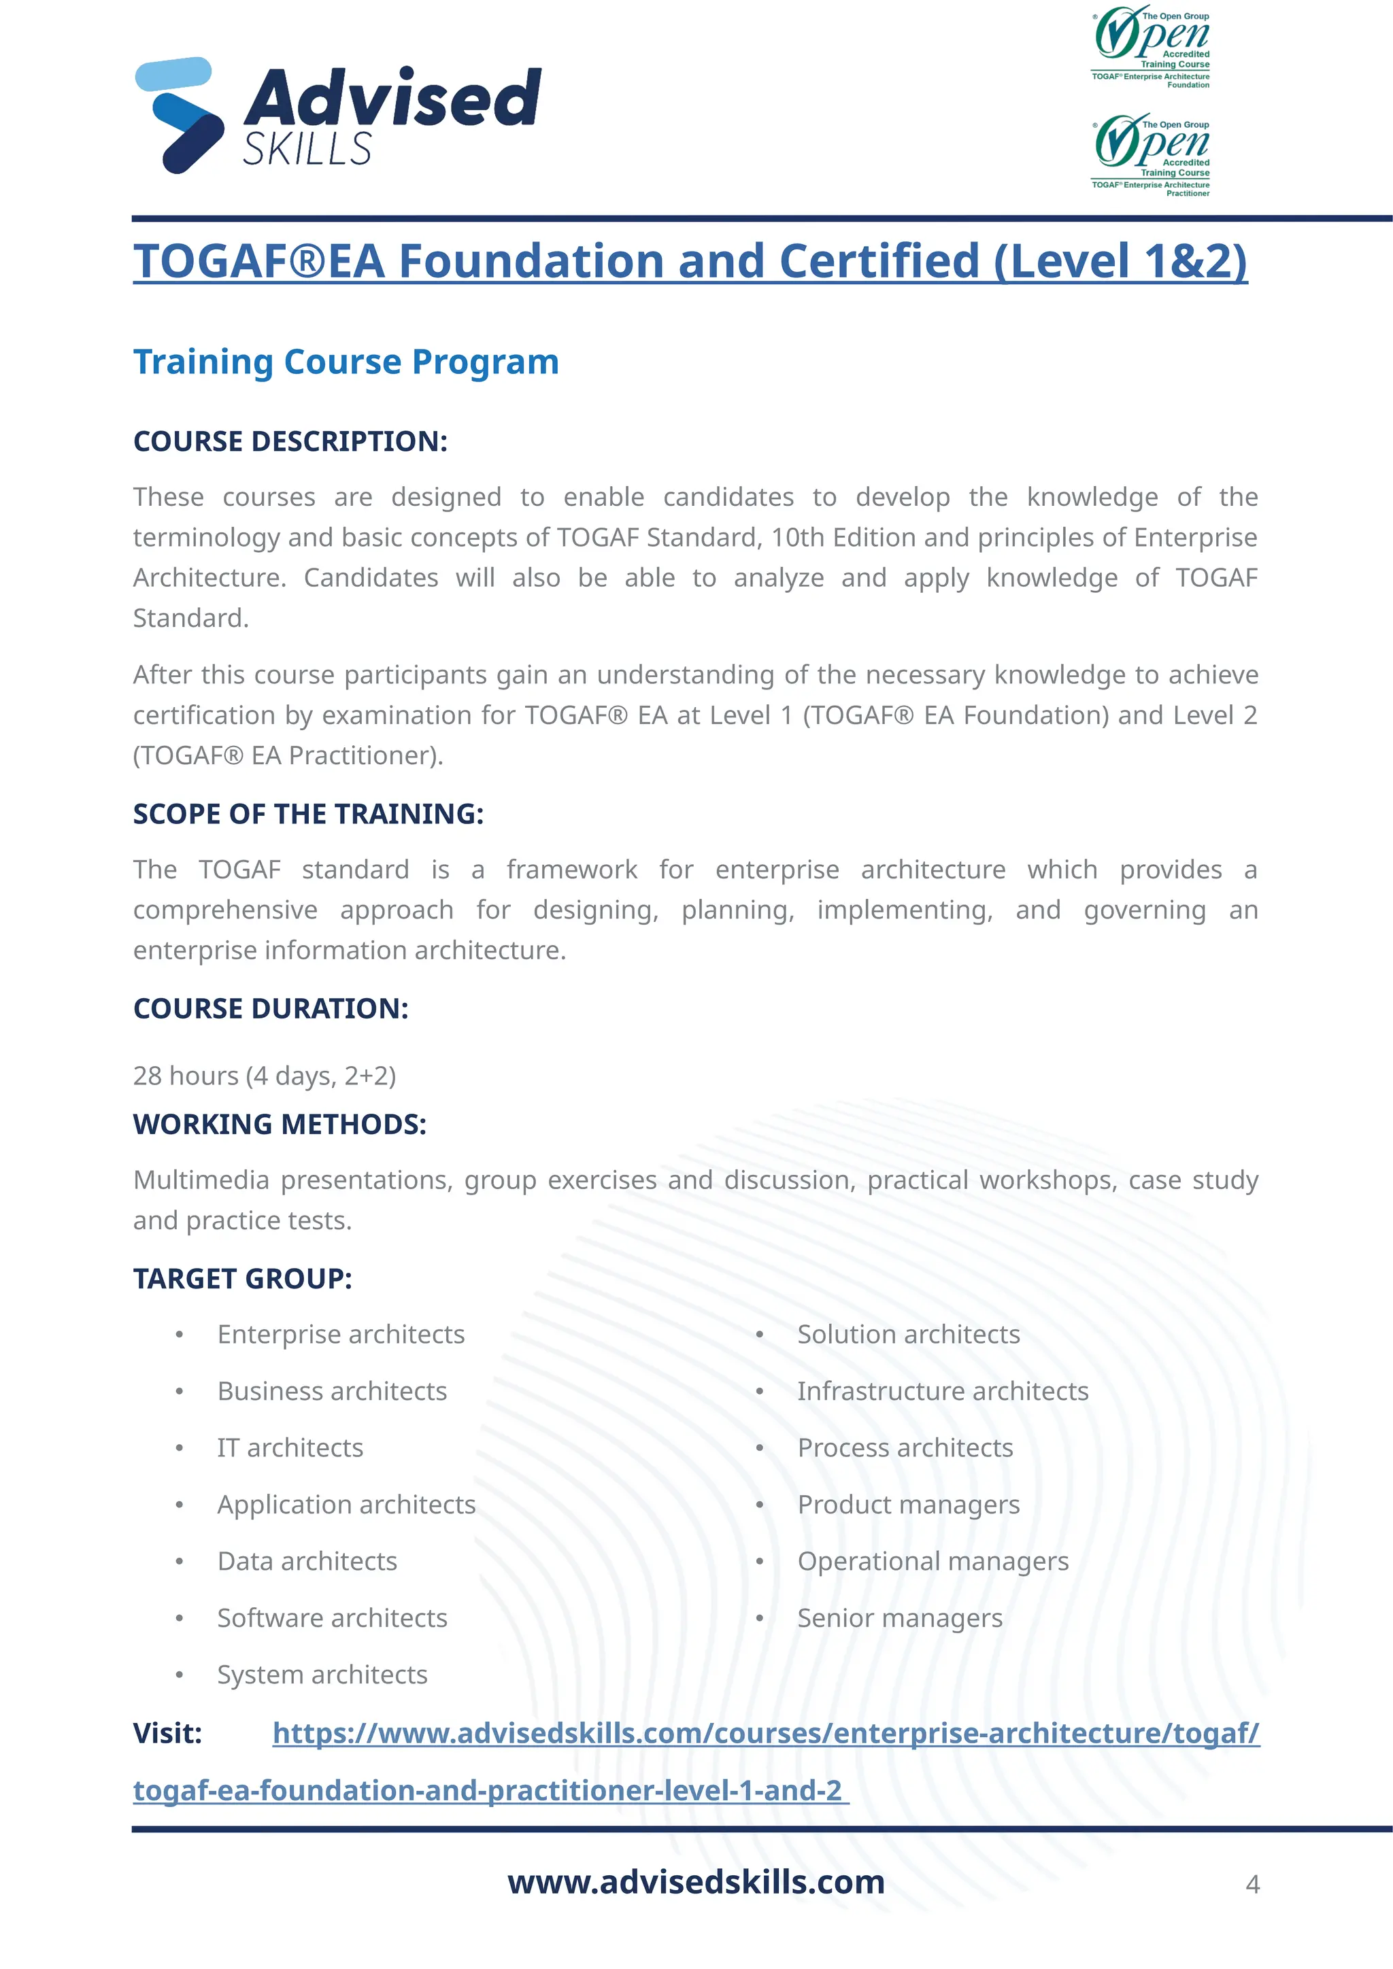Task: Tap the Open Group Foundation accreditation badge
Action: click(1151, 47)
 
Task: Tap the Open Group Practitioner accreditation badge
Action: click(1151, 155)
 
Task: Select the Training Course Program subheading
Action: click(346, 362)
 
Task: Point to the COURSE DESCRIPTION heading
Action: click(290, 442)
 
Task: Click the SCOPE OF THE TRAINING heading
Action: click(308, 814)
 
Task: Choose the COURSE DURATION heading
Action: click(270, 1008)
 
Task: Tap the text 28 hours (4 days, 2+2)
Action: click(264, 1076)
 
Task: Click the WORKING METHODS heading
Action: click(280, 1125)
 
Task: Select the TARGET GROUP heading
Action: click(242, 1279)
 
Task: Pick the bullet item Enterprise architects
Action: click(341, 1335)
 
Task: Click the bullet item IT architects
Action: click(290, 1448)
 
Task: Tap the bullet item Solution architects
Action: click(908, 1335)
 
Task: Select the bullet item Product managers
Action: click(908, 1504)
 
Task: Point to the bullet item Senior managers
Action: click(900, 1617)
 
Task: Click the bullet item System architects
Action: click(322, 1674)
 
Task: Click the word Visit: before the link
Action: click(167, 1733)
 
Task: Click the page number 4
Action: click(1252, 1885)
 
